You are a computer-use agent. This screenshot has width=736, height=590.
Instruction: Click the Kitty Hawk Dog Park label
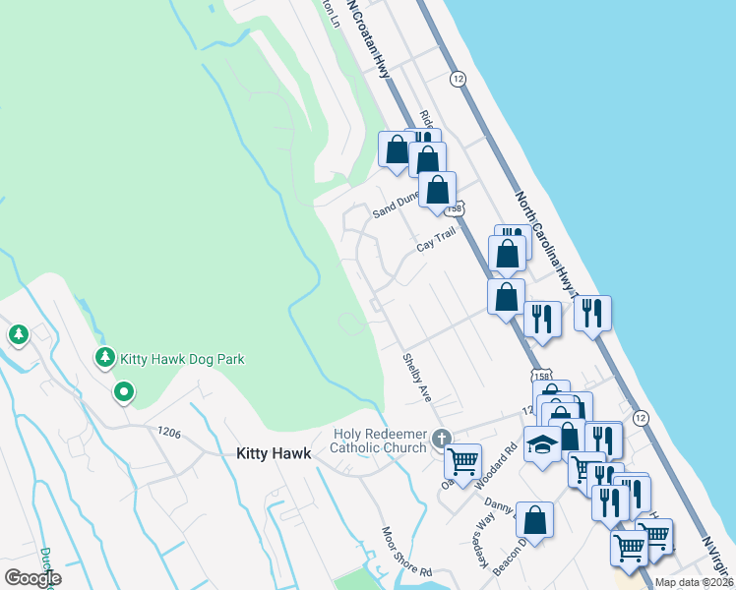click(182, 360)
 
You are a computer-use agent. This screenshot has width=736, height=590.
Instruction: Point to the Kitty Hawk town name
click(274, 454)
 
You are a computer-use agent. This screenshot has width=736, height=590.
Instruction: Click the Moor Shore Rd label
click(407, 552)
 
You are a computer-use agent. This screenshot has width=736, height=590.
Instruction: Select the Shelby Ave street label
click(416, 379)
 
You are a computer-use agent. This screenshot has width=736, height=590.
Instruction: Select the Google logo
click(32, 578)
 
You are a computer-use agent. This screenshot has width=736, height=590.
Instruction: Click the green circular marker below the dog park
click(123, 393)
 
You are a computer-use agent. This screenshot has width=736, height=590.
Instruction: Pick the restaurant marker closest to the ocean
click(592, 313)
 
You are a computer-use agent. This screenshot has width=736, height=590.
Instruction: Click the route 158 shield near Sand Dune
click(454, 209)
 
